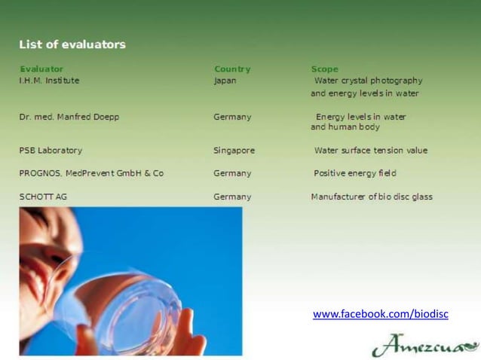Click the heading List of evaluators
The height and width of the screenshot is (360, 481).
coord(72,44)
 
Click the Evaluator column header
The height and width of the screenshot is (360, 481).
coord(41,69)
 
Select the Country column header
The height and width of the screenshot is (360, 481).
coord(231,69)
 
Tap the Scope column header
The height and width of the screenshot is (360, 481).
coord(325,69)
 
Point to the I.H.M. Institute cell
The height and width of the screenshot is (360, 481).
coord(49,81)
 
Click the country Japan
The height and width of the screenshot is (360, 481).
coord(225,81)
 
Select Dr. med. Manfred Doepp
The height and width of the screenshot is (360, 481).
coord(69,117)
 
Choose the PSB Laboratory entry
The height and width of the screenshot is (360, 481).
coord(51,150)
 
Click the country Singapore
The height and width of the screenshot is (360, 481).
coord(234,150)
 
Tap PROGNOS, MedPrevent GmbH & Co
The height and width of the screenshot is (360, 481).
coord(91,173)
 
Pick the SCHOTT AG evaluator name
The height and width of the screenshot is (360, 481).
coord(43,197)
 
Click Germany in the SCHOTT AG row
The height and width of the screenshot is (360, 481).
coord(232,197)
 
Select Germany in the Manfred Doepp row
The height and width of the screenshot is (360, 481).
coord(232,117)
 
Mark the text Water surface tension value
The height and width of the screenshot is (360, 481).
coord(370,150)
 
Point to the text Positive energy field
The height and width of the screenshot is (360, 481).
coord(354,173)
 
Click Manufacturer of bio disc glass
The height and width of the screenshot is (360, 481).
coord(372,197)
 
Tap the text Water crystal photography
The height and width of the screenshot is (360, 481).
coord(368,81)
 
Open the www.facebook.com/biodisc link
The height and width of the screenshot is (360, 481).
coord(380,313)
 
